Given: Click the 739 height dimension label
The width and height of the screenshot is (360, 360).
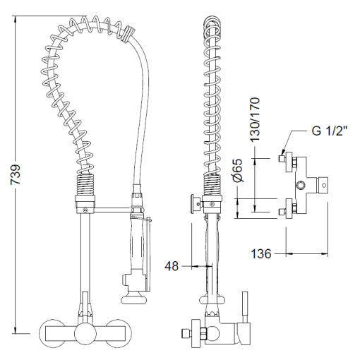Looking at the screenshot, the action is (16, 174).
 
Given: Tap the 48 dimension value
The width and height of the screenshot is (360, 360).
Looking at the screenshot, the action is (172, 266).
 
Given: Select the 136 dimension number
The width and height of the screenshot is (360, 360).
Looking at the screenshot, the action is (261, 253).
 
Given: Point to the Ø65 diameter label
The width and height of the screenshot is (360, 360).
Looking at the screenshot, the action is (238, 171).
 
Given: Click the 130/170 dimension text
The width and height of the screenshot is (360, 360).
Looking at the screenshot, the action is (255, 119).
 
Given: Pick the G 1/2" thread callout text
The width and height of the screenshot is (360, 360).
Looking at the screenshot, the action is (330, 131).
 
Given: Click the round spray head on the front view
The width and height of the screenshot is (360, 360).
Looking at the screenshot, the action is (133, 299).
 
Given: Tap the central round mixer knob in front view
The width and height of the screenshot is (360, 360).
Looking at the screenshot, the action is (85, 333).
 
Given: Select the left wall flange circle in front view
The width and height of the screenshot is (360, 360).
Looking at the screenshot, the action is (52, 333).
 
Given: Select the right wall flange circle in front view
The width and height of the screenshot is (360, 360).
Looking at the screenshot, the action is (119, 333).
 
